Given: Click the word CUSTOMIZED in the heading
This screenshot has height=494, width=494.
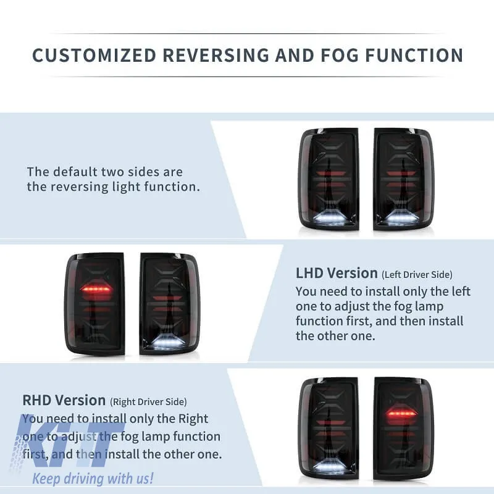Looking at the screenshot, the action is tap(94, 55).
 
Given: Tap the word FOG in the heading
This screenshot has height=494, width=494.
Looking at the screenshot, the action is tap(340, 55).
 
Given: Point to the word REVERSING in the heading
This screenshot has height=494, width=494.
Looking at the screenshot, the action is tap(216, 55).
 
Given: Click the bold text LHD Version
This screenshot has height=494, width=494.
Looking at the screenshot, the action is tap(337, 273).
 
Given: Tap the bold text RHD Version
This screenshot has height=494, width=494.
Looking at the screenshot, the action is tap(64, 400).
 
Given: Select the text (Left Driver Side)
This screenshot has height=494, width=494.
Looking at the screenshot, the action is tap(417, 275).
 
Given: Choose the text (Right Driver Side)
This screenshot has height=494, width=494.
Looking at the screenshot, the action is tap(148, 402).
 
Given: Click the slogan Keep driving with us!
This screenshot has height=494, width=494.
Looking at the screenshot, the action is tap(93, 478).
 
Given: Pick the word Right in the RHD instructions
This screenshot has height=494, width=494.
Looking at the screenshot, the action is tap(193, 419).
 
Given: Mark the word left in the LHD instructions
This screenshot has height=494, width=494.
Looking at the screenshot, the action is tap(461, 291).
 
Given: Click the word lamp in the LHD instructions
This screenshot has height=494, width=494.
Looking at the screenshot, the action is tap(429, 306).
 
